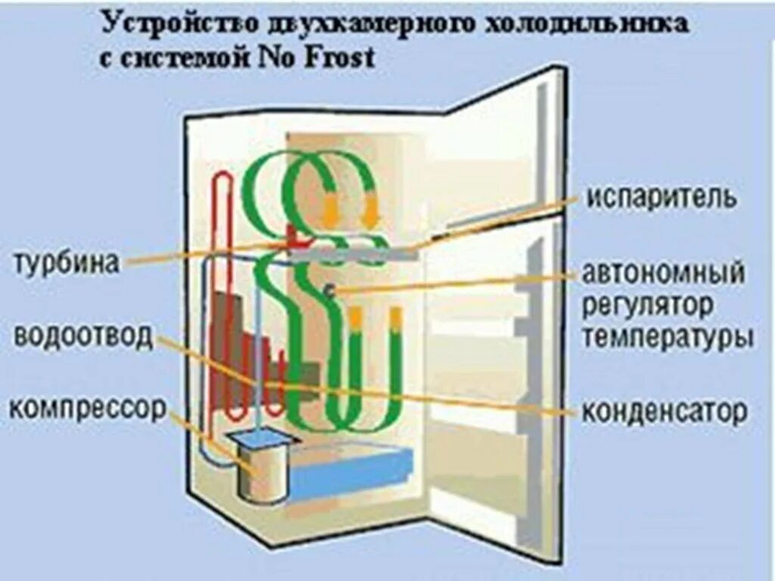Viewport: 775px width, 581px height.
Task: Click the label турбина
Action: (x=67, y=263)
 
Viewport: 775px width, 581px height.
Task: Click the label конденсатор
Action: (x=665, y=412)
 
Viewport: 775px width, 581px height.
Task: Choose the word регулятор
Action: (x=647, y=306)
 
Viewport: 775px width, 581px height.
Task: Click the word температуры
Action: (x=667, y=337)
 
